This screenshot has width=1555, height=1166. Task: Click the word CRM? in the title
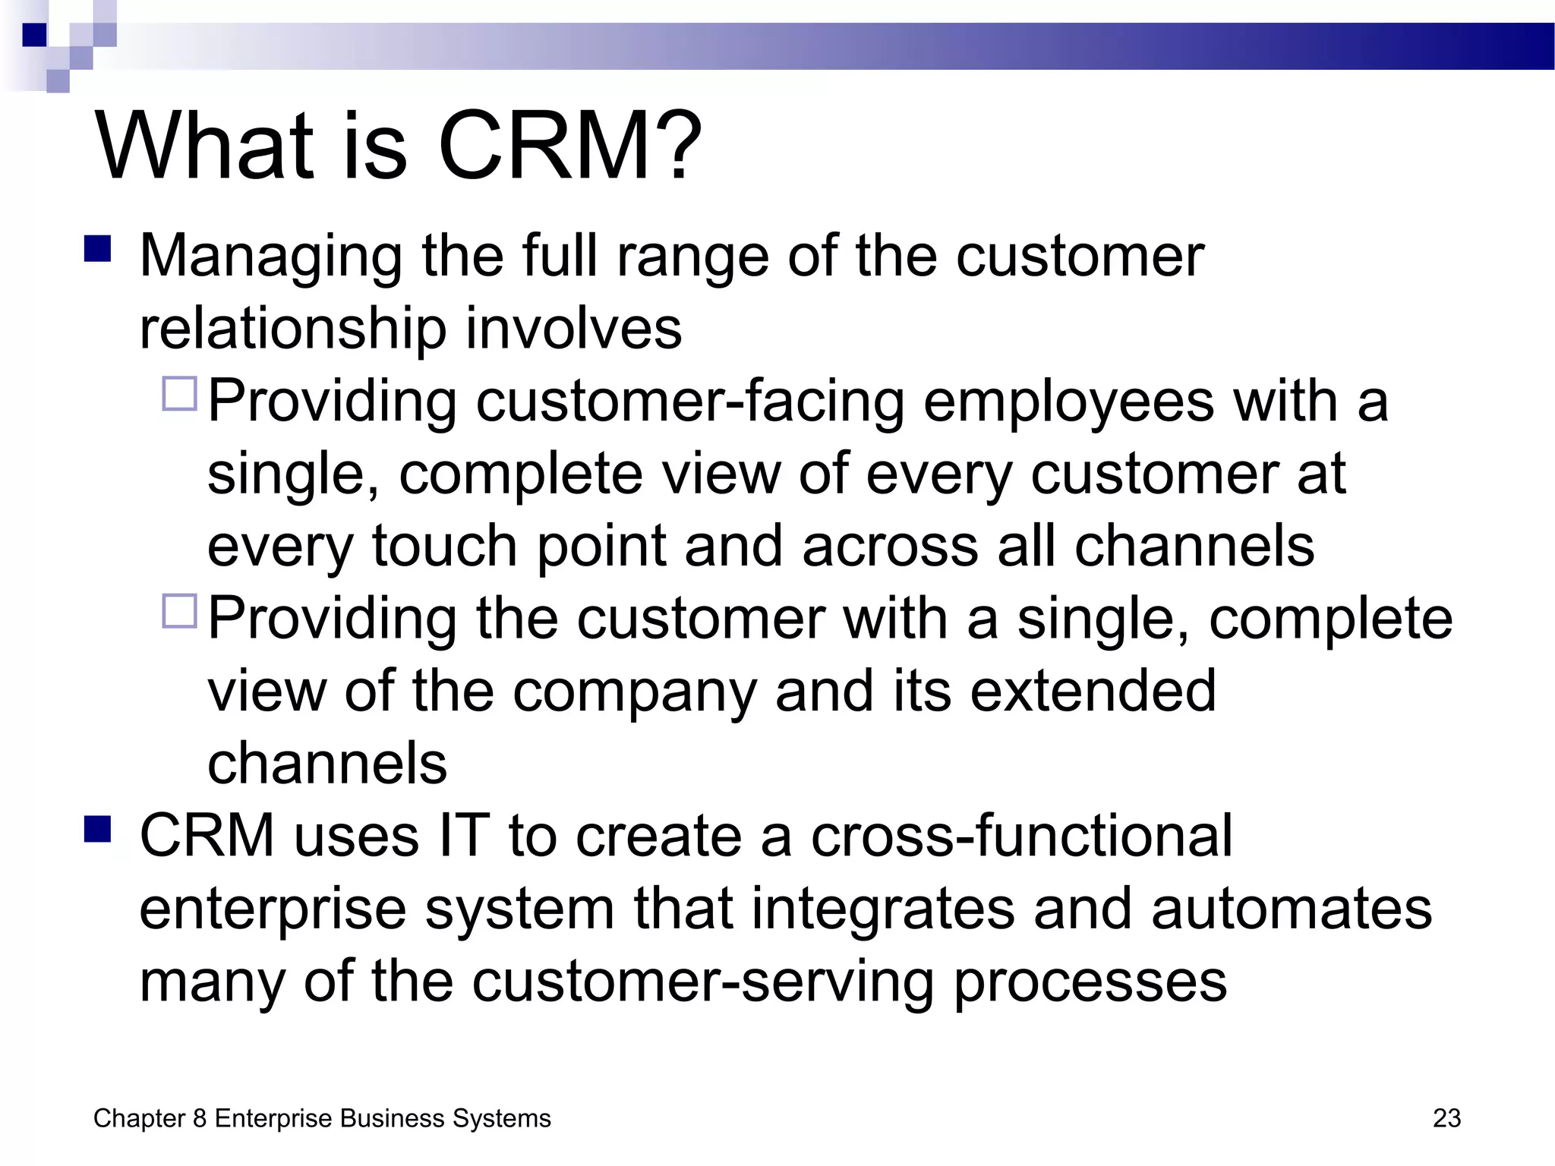(569, 146)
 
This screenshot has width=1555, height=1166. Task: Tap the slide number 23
(1446, 1118)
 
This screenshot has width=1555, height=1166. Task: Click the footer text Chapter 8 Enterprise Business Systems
(322, 1118)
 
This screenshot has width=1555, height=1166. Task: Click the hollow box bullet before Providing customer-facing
(180, 394)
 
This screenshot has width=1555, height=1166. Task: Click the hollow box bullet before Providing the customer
(180, 611)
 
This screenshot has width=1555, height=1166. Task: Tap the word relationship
(293, 329)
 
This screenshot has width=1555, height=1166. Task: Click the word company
(634, 692)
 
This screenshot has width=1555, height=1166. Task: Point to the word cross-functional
(1021, 836)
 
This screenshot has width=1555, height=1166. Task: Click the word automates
(1291, 909)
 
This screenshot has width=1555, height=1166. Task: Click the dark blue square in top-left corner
(34, 35)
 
